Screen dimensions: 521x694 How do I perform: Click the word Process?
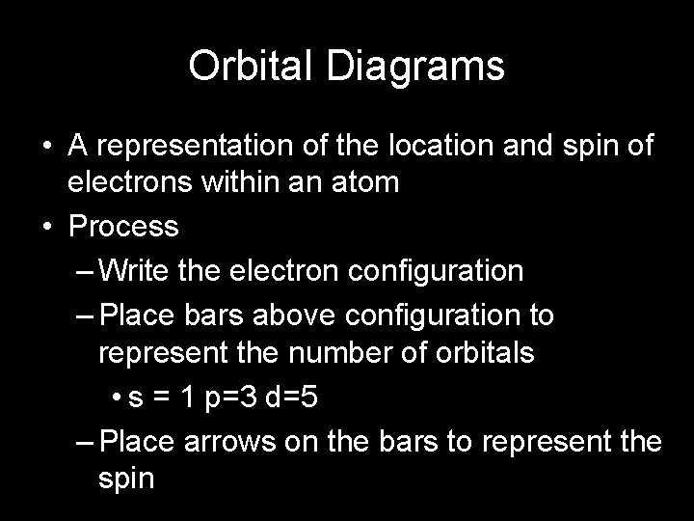point(123,227)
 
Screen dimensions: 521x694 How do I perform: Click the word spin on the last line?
point(126,478)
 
